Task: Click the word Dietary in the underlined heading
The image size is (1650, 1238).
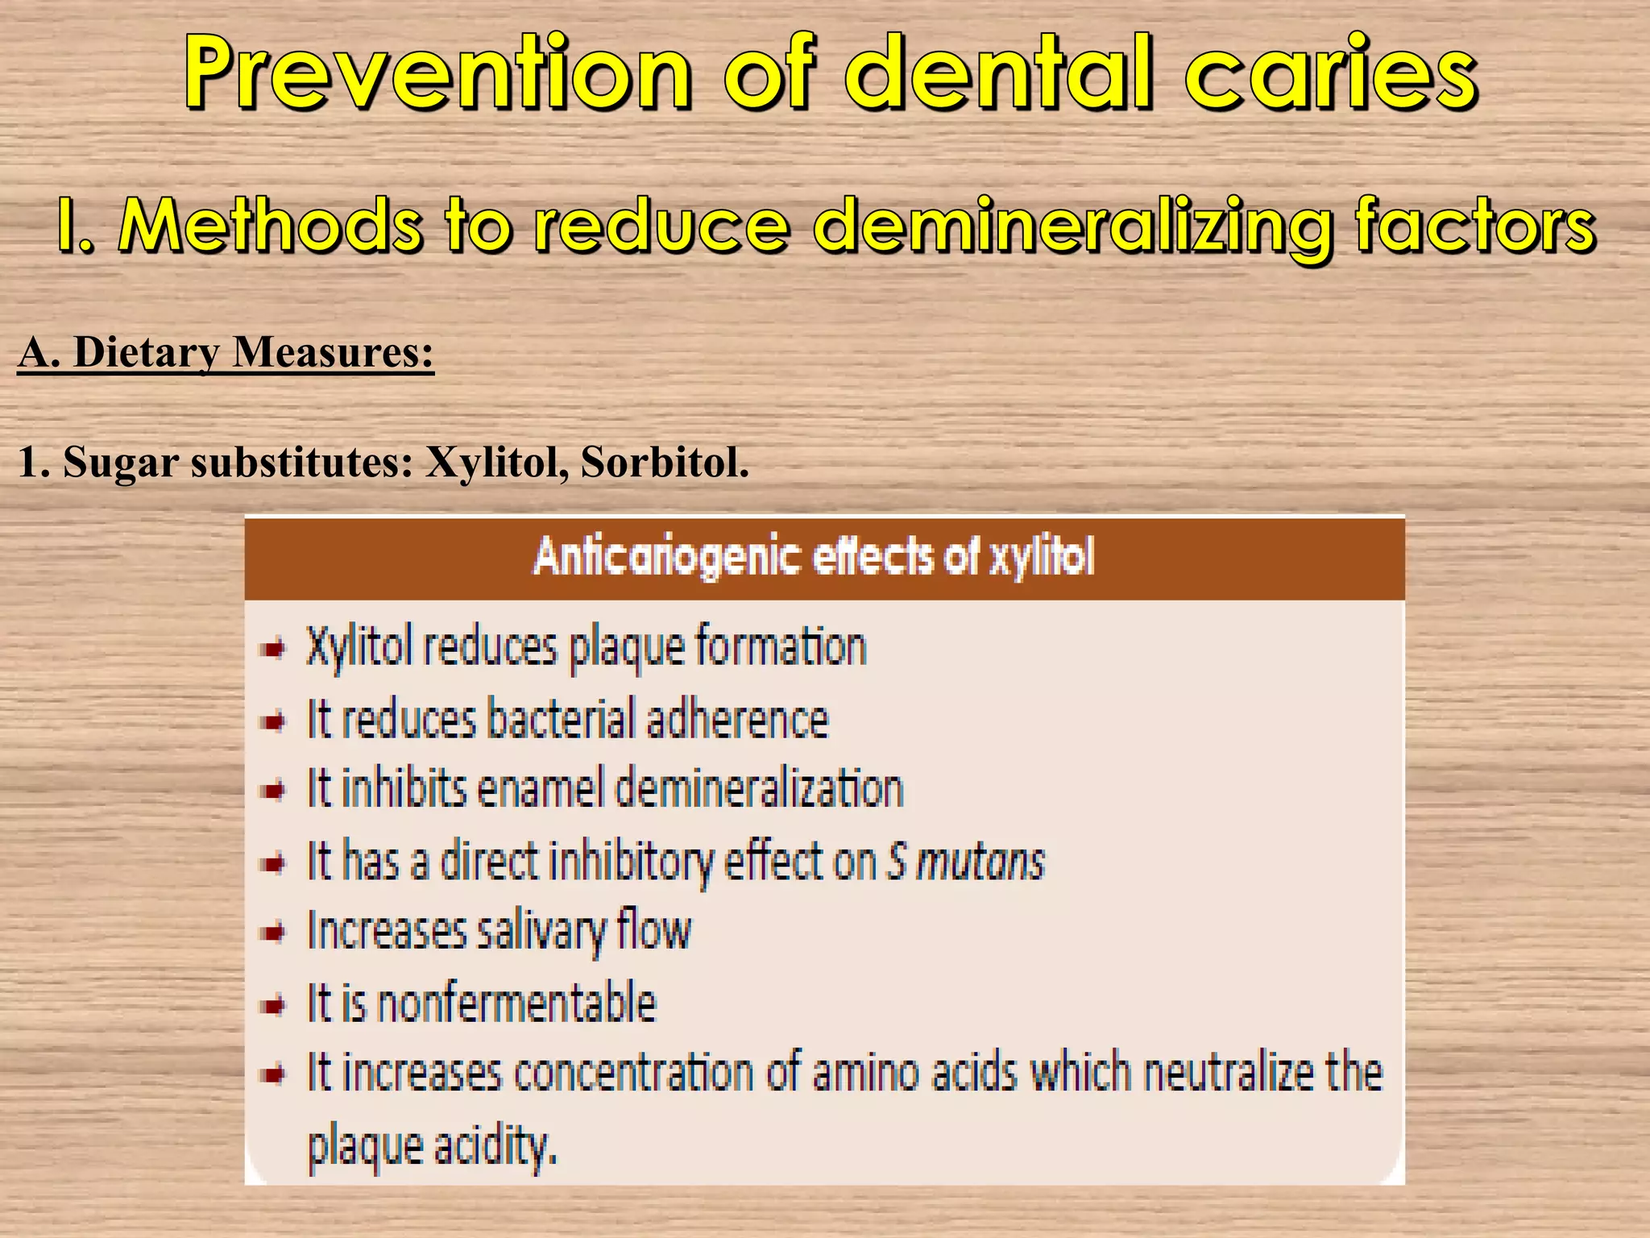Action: [146, 353]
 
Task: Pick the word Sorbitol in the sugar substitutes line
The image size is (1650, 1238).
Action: [665, 463]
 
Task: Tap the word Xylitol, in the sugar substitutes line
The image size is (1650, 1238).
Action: [495, 463]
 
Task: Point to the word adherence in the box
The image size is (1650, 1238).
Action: [736, 719]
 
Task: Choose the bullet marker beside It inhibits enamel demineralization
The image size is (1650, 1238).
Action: [274, 791]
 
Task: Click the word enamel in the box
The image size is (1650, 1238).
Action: [540, 789]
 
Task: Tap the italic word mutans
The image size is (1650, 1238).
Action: [980, 862]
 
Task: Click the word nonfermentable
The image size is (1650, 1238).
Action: [516, 1003]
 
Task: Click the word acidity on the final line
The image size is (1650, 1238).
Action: [495, 1145]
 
